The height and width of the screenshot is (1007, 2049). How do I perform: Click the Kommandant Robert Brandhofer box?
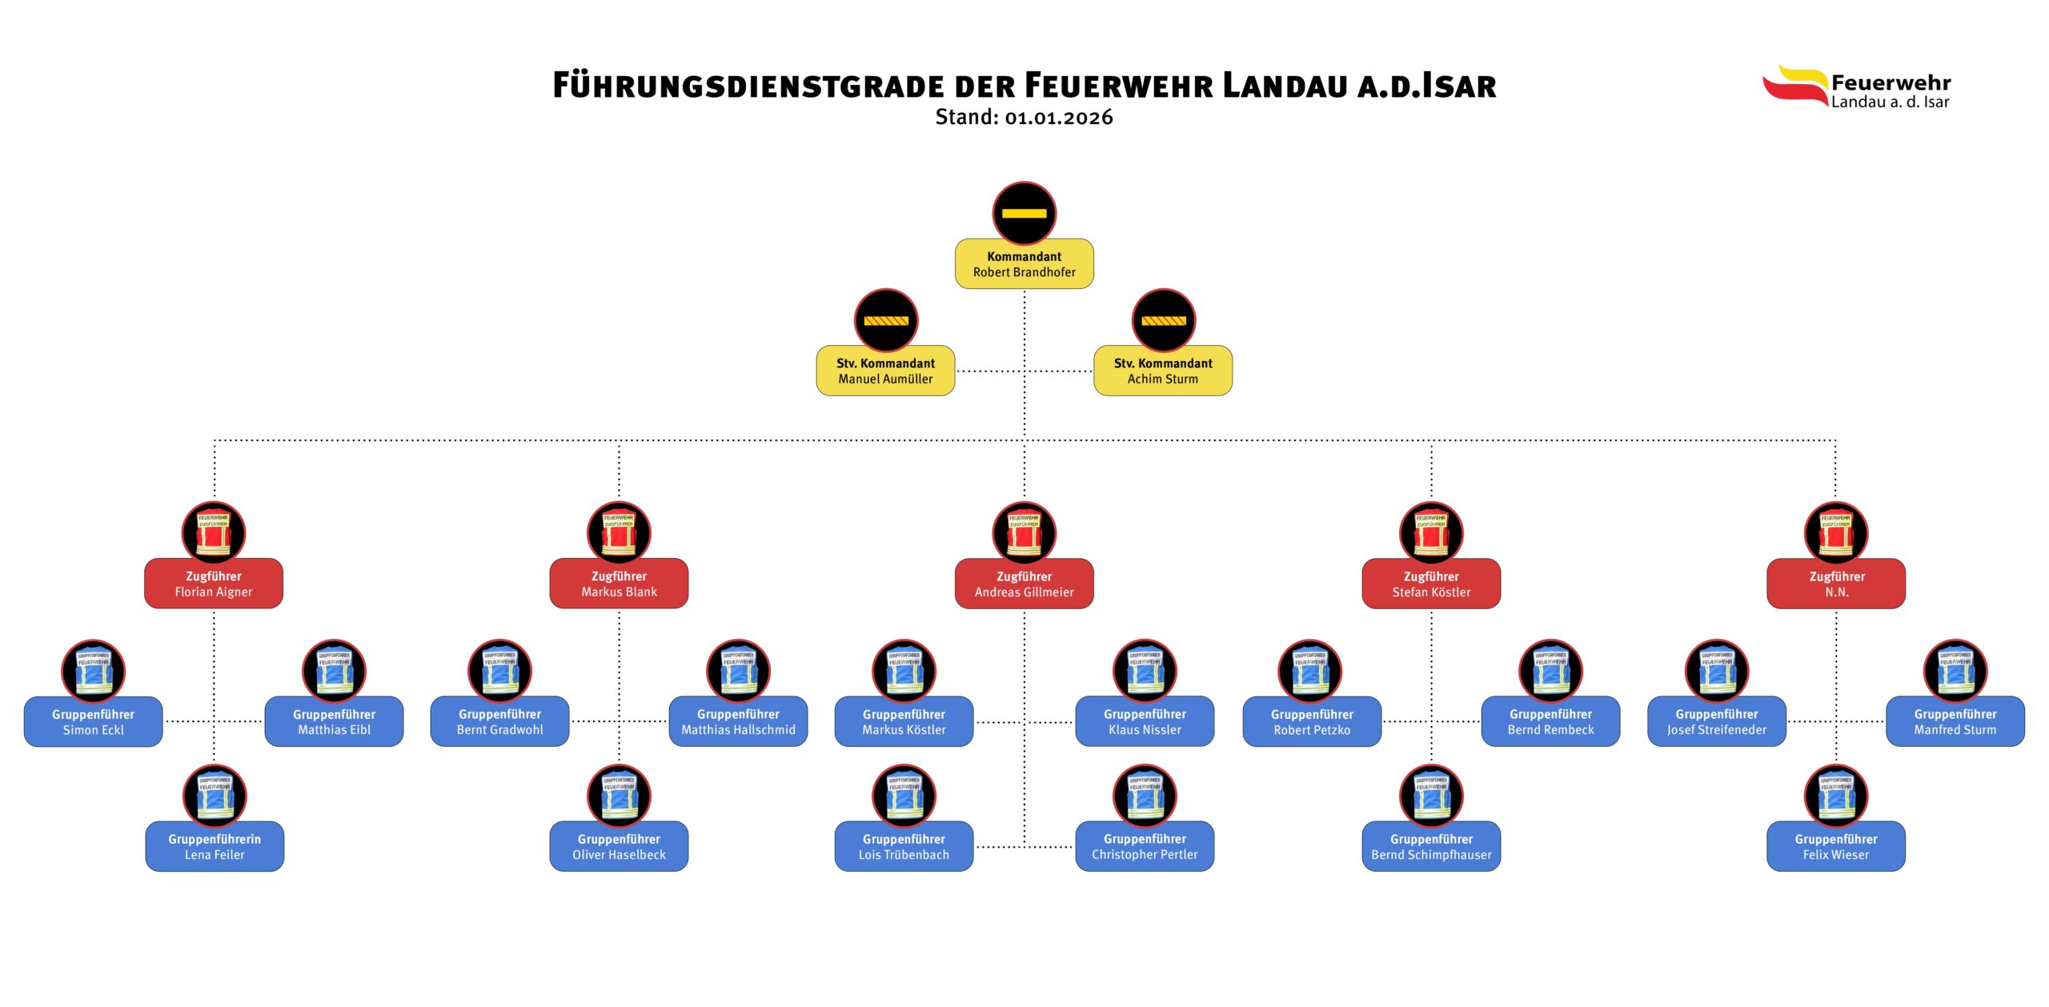1024,264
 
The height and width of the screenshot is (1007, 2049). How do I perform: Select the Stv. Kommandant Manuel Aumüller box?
885,371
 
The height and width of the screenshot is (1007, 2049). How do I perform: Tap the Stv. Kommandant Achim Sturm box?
1162,371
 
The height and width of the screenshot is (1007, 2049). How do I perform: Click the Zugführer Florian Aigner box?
214,584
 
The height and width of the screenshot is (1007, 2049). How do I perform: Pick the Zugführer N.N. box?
1836,584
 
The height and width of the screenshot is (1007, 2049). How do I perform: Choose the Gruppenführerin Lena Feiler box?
215,847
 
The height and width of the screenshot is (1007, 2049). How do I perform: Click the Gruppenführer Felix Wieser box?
1836,847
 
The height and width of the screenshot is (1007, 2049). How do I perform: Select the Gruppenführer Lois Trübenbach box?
904,847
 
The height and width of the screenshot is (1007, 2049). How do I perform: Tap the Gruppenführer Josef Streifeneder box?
1717,722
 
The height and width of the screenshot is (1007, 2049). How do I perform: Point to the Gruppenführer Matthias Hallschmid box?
738,722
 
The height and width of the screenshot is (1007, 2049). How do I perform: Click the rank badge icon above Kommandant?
1024,213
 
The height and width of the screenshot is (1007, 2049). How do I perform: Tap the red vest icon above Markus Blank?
619,532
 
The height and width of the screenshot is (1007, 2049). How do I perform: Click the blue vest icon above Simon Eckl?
94,671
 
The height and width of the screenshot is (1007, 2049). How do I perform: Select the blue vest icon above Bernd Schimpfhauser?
1431,796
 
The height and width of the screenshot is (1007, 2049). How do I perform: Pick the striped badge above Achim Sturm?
1163,320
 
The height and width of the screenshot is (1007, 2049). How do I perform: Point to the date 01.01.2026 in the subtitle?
1059,118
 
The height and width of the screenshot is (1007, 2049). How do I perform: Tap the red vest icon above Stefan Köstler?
1431,532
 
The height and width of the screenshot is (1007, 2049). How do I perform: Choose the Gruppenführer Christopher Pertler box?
1145,847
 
